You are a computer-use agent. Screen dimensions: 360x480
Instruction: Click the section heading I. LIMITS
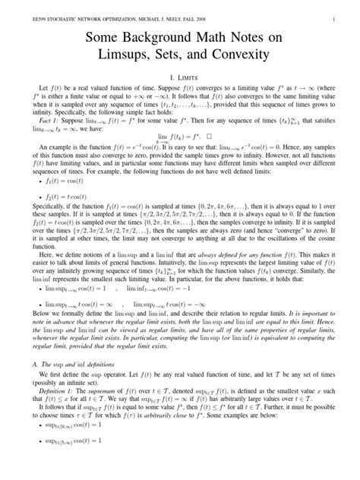tap(180, 78)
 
